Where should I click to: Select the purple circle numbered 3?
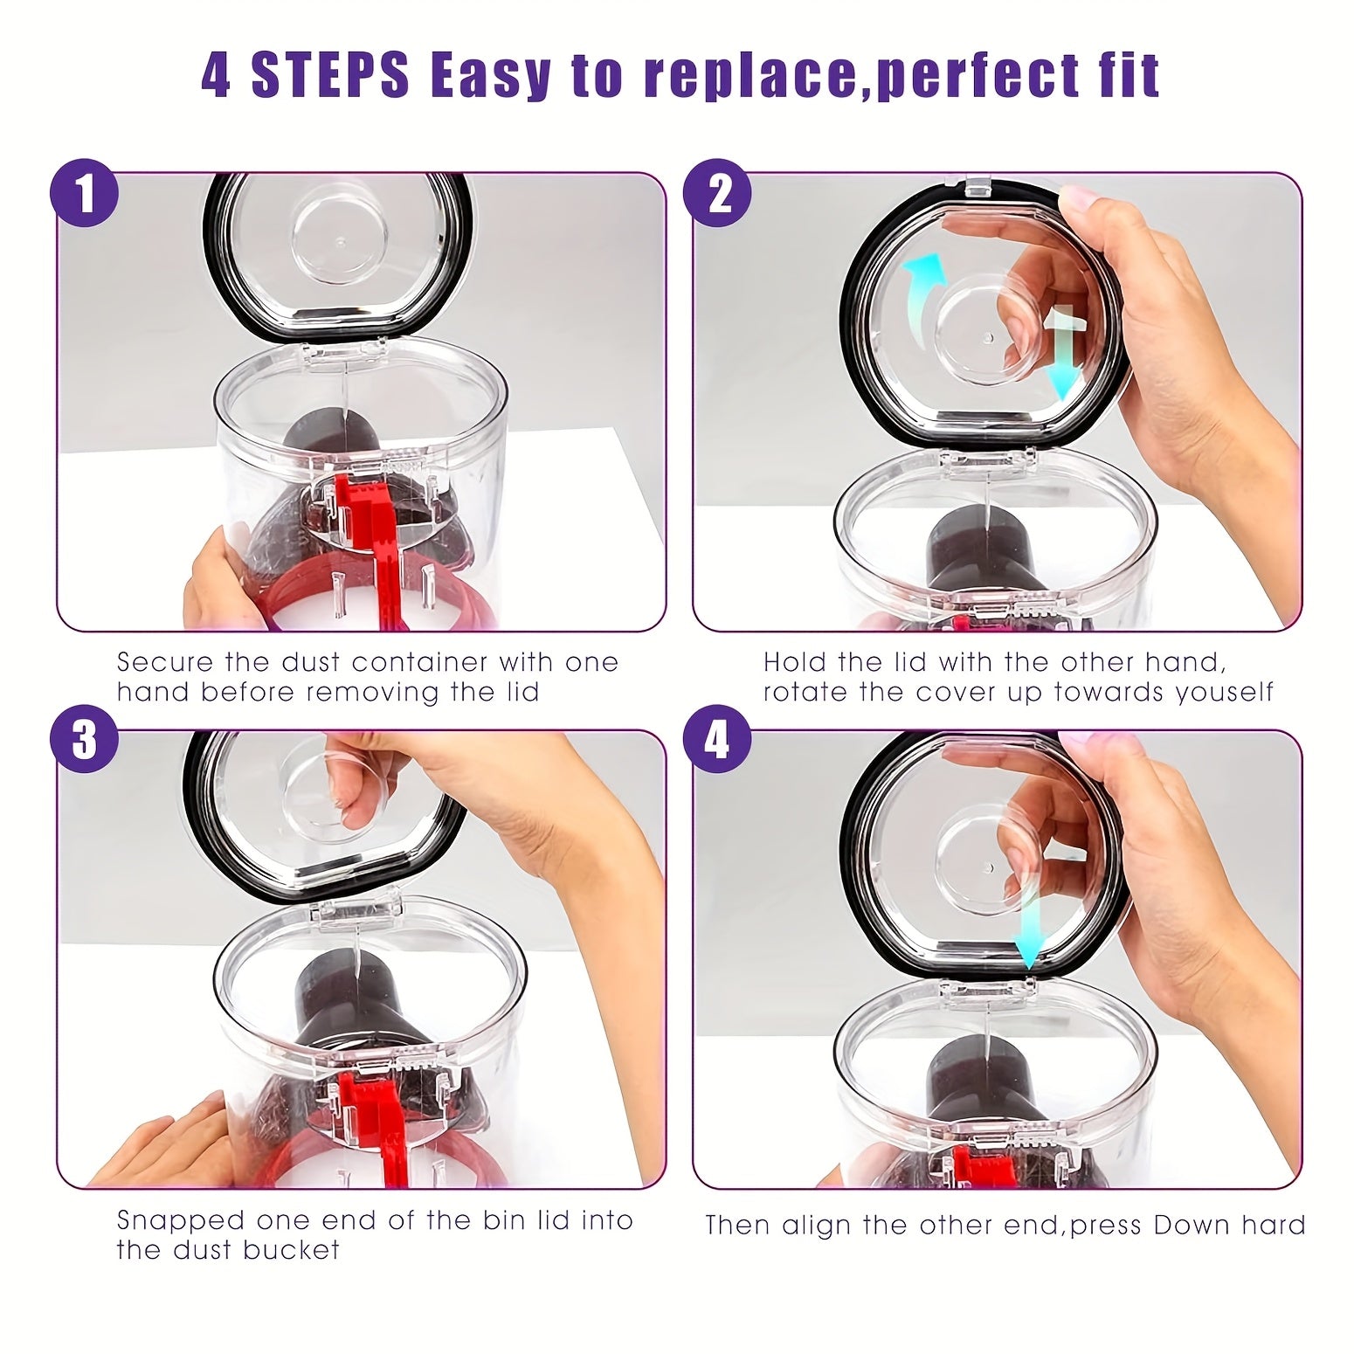tap(85, 741)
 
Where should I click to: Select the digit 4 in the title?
tap(216, 76)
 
